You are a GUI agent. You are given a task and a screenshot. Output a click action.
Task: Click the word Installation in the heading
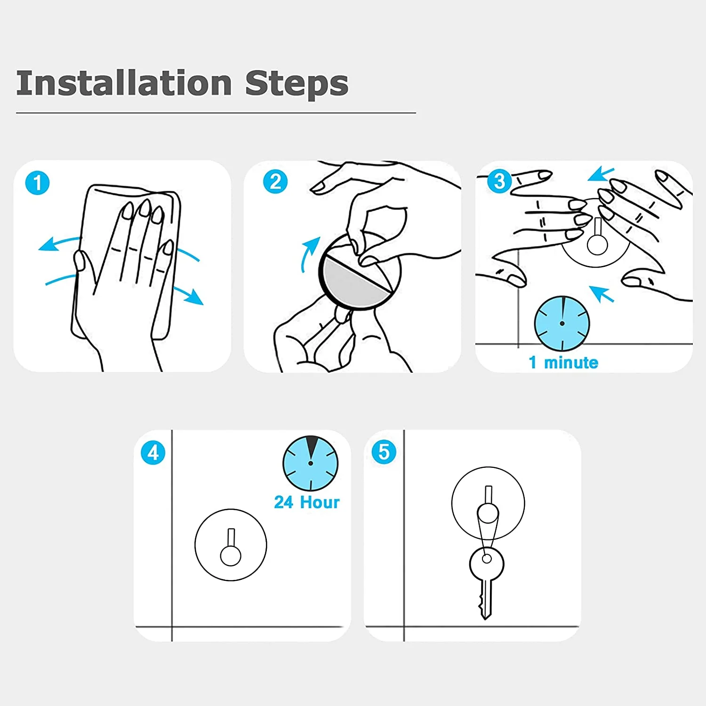124,83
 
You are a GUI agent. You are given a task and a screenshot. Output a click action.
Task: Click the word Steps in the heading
297,83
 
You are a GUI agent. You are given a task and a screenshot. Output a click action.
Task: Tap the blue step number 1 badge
37,183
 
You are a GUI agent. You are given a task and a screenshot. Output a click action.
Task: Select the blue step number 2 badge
275,182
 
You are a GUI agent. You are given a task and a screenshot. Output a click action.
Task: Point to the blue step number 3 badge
499,181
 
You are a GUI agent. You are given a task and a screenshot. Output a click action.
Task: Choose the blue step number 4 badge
153,453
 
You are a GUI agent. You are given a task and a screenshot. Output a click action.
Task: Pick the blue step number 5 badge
384,452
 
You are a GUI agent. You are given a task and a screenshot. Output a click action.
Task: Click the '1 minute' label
563,362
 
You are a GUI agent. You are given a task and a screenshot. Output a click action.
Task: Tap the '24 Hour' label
307,502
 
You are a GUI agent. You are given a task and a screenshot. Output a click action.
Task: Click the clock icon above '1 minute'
562,323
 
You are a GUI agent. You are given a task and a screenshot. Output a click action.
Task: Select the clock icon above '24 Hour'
311,464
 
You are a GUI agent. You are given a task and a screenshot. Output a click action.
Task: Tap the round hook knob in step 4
231,555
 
